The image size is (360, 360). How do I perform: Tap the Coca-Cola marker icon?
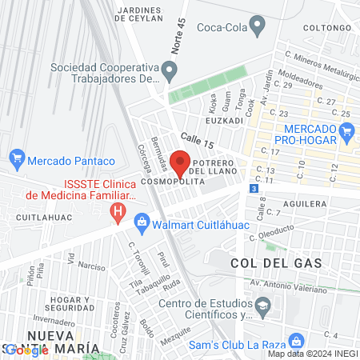point(257,26)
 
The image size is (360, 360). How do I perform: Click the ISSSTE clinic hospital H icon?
point(118,212)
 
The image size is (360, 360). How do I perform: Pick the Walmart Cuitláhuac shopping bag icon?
point(142,220)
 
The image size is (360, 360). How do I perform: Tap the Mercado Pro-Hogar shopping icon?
point(346,134)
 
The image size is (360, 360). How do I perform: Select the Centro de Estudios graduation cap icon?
point(262,306)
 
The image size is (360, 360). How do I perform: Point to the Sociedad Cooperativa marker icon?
point(169,72)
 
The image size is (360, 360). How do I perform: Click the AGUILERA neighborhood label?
point(305,204)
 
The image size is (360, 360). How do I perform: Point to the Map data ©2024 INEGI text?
point(311,354)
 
